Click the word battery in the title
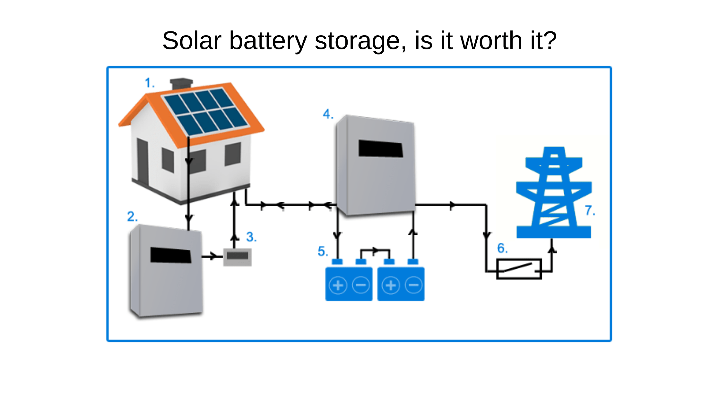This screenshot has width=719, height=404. pos(268,41)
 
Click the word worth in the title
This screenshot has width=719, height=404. pos(491,41)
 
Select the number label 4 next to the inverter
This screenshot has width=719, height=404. pos(327,114)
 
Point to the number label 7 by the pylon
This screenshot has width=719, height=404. pos(589,211)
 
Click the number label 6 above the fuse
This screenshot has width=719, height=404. pos(502,248)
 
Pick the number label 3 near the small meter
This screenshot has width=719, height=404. pos(251,237)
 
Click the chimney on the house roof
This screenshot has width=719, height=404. pos(181,84)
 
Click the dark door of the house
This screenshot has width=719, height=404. pos(143,162)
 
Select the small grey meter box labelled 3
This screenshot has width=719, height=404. pos(237,257)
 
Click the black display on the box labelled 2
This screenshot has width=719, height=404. pos(170,255)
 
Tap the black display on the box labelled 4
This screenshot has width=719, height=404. pos(380,148)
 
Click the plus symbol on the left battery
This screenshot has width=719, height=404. pos(338,285)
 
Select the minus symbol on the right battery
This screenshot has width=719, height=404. pos(414,285)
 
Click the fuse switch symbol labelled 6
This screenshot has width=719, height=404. pos(519,269)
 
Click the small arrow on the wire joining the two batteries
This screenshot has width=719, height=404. pos(375,250)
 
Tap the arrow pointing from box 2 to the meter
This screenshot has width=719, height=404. pos(212,257)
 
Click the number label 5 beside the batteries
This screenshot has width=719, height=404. pos(322,251)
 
